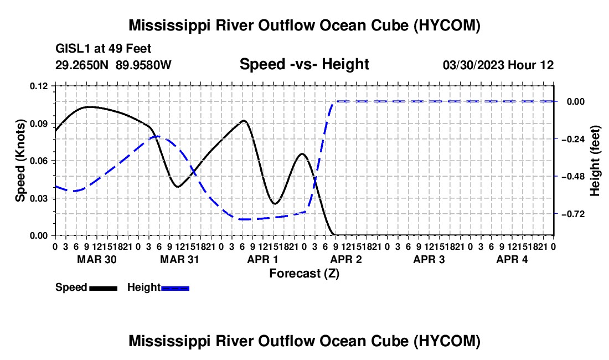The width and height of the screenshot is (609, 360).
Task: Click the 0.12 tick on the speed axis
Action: coord(38,86)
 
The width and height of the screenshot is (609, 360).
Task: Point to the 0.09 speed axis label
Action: coord(38,124)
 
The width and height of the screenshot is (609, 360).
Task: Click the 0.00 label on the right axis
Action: coord(576,102)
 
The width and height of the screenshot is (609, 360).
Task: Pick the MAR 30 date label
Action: coord(97,259)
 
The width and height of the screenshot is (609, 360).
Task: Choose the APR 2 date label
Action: coord(346,259)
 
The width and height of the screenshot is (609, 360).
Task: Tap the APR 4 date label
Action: coord(512,259)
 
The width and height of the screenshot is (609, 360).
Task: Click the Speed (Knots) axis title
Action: coord(20,161)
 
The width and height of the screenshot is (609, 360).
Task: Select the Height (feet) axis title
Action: coord(595,161)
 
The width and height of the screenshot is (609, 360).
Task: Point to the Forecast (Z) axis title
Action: coord(304,274)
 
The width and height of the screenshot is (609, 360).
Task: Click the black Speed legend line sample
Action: coord(104,288)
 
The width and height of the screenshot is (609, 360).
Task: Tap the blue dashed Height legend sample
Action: coord(175,288)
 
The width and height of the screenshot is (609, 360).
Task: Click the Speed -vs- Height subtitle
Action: coord(304,64)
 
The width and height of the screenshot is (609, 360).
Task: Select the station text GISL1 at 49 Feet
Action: coord(104,49)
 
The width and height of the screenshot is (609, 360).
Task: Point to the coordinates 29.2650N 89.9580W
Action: coord(113,65)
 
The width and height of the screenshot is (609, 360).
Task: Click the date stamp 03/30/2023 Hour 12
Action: coord(498,65)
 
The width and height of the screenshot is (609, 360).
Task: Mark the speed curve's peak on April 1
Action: coord(244,120)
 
